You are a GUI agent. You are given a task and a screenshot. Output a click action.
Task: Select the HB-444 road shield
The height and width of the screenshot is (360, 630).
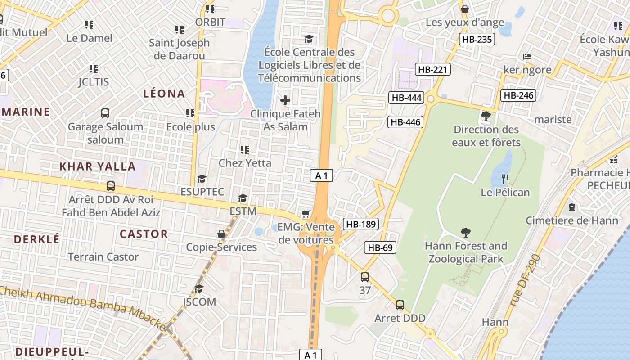(x=407, y=98)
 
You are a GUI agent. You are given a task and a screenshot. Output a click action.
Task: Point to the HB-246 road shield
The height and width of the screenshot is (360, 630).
(x=518, y=95)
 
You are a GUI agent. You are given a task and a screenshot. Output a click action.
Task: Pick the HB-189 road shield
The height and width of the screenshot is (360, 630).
(x=361, y=224)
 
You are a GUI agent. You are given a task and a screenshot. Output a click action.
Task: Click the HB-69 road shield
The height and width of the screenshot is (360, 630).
(x=380, y=247)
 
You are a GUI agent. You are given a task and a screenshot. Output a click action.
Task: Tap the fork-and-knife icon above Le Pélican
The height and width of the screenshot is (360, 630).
(x=505, y=179)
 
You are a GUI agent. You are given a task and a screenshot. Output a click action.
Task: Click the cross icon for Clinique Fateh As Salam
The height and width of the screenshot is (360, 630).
(x=285, y=100)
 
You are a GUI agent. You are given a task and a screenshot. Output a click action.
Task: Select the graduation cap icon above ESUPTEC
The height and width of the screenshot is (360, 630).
(x=202, y=179)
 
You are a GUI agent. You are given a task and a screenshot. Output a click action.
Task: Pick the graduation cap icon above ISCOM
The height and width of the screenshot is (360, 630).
(x=199, y=288)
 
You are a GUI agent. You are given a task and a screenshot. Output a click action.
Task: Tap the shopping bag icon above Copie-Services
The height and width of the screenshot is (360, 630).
(x=221, y=234)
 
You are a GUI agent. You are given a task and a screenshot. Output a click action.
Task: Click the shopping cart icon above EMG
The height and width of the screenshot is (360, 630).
(x=306, y=214)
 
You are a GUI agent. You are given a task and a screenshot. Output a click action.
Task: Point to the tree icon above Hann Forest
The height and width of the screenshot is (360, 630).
(x=466, y=233)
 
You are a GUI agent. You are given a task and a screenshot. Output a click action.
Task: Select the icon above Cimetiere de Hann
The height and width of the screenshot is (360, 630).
(x=572, y=207)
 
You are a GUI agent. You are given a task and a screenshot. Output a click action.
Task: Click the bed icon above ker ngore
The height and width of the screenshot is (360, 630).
(x=527, y=57)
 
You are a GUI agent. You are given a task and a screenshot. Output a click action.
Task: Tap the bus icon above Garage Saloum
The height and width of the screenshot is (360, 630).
(x=105, y=113)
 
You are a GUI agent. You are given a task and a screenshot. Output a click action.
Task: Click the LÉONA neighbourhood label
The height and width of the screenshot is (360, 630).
(x=164, y=94)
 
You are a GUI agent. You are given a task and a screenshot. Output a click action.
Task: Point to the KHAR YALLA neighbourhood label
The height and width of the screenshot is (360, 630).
(x=98, y=166)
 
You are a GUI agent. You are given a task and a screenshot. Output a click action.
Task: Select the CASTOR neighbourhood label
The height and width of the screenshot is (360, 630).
(x=144, y=234)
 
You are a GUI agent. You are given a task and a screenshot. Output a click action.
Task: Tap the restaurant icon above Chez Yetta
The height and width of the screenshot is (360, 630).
(x=245, y=149)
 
